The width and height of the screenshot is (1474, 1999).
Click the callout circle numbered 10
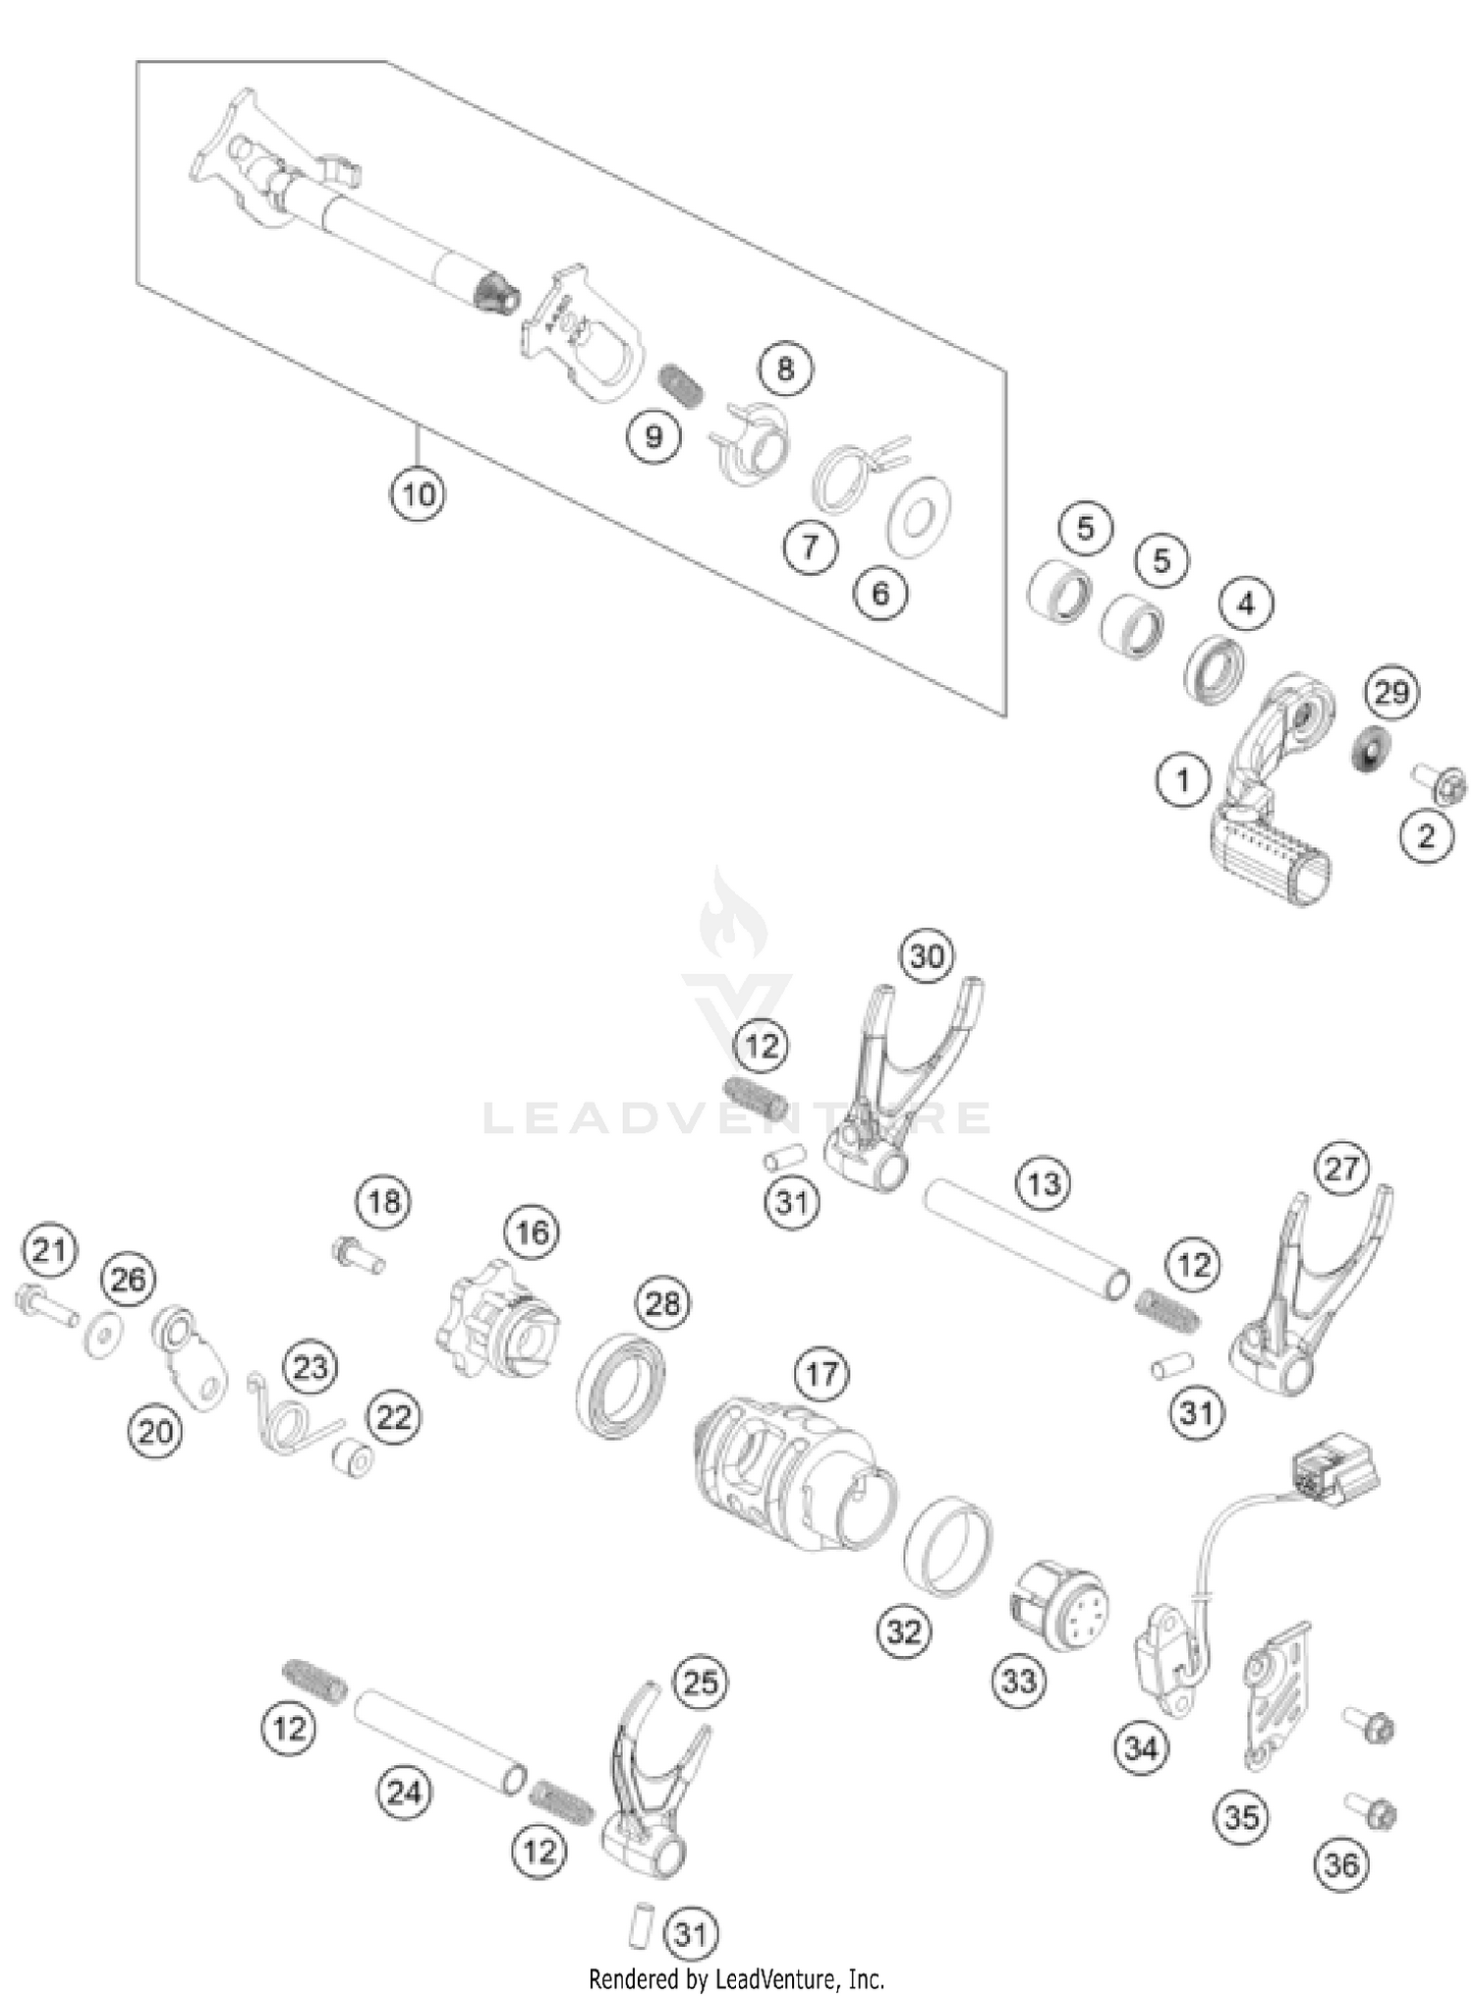(417, 493)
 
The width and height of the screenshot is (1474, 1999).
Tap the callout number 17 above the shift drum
(822, 1373)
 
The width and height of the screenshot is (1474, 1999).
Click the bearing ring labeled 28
(619, 1386)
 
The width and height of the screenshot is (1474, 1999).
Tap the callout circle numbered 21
(50, 1251)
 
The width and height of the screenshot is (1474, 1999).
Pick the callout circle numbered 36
(1341, 1863)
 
